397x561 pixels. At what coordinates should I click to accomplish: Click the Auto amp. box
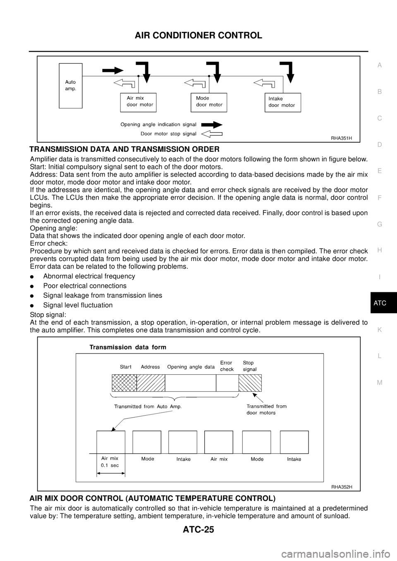(71, 86)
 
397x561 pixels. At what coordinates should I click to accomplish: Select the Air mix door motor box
(138, 102)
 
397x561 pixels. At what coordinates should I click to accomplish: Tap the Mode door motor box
(209, 102)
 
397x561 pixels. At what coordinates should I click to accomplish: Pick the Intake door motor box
(282, 102)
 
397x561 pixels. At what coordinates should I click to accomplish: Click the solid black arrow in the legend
(212, 124)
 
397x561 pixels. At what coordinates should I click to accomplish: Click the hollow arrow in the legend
(212, 134)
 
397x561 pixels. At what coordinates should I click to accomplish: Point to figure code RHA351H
(341, 138)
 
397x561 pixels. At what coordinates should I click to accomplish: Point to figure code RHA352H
(341, 487)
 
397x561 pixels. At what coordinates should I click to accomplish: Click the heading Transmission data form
(128, 347)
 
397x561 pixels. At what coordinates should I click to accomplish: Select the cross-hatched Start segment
(124, 383)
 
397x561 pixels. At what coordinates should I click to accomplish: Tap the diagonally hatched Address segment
(151, 383)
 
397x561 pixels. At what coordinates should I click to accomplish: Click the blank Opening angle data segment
(190, 383)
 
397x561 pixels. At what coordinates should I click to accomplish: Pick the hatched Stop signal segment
(250, 383)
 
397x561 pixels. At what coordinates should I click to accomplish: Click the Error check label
(227, 366)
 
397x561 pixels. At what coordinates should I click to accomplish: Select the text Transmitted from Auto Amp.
(148, 406)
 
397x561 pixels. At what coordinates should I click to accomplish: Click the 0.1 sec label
(110, 466)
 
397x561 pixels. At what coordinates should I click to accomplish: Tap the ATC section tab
(379, 303)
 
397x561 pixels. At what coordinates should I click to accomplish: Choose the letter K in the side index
(379, 330)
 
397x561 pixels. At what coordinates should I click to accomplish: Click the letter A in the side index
(379, 65)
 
